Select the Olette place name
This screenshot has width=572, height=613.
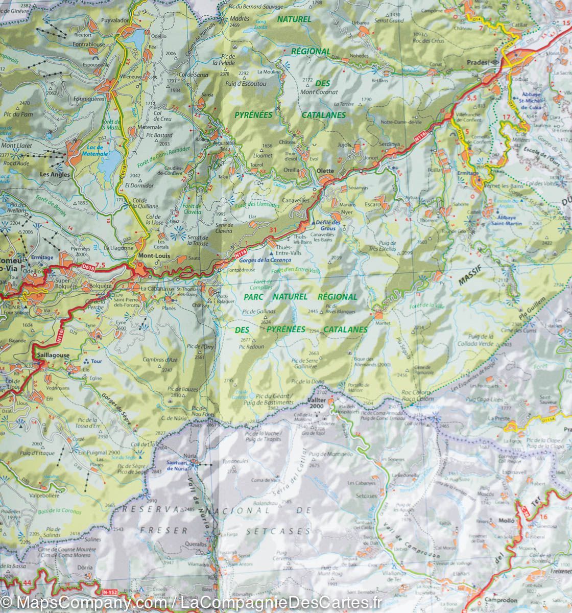[325, 171]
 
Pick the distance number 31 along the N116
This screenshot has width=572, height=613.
[273, 230]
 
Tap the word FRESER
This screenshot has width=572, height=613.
[170, 530]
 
